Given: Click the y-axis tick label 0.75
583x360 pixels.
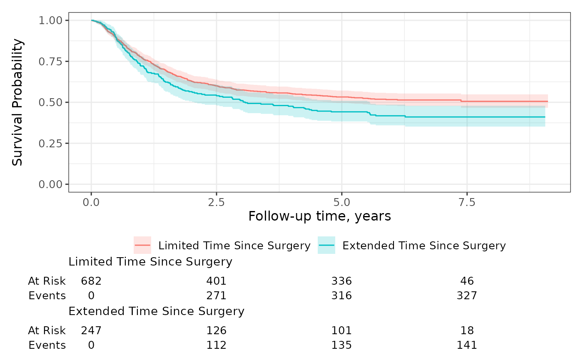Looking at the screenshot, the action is tap(50, 62).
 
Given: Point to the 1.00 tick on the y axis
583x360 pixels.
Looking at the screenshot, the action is tap(50, 20).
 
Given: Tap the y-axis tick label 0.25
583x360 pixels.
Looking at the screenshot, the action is tap(50, 144).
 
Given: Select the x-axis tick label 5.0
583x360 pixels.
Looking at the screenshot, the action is tap(342, 202).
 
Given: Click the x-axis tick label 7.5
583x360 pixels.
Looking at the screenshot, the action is tap(467, 202).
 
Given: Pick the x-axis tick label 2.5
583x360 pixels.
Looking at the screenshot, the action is tap(216, 202).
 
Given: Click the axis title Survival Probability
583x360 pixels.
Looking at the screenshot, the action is tap(17, 102).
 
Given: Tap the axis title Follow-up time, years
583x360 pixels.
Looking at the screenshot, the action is tap(320, 216).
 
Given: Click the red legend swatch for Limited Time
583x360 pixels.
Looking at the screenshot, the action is tap(142, 245).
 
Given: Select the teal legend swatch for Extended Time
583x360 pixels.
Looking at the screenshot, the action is tap(326, 245).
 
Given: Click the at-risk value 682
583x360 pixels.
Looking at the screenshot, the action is tap(91, 281).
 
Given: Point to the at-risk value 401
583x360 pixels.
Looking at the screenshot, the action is tap(216, 281).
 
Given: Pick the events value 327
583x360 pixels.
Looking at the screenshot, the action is tap(467, 296).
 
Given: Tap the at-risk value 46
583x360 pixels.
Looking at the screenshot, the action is tap(467, 281).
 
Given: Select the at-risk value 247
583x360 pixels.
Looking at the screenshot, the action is tap(91, 330).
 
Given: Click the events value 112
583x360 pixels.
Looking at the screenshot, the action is tap(216, 345).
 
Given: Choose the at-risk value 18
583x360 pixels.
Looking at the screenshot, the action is tap(467, 330).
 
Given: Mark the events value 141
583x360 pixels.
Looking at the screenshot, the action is tap(467, 345).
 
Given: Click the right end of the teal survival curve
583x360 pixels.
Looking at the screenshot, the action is tap(545, 117).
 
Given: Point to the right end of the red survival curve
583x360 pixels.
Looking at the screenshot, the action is tap(548, 101).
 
